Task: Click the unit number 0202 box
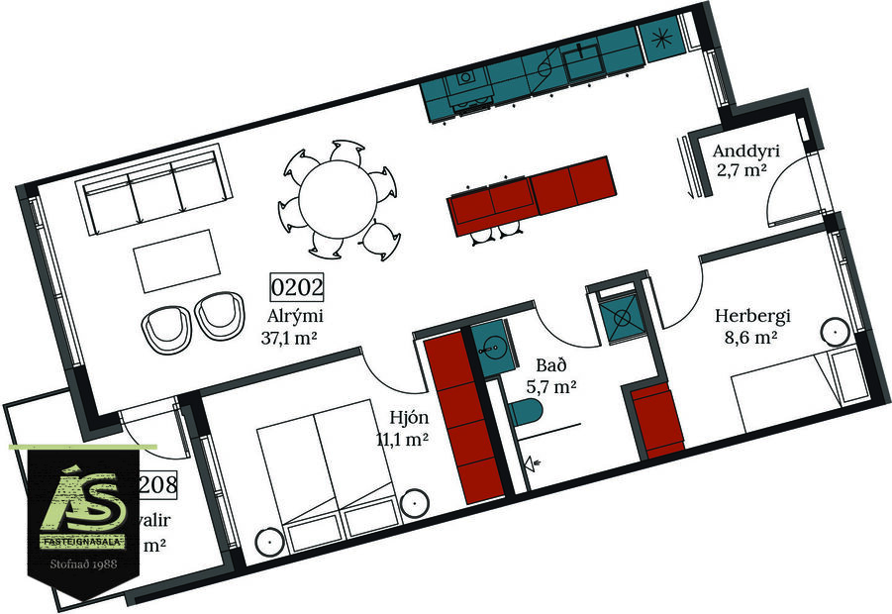[x=297, y=288]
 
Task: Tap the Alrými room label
[x=296, y=317]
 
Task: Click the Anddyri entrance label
[x=747, y=152]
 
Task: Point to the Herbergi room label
[x=754, y=317]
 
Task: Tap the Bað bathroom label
[x=549, y=363]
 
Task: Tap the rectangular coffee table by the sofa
[x=178, y=260]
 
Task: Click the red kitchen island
[x=533, y=195]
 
